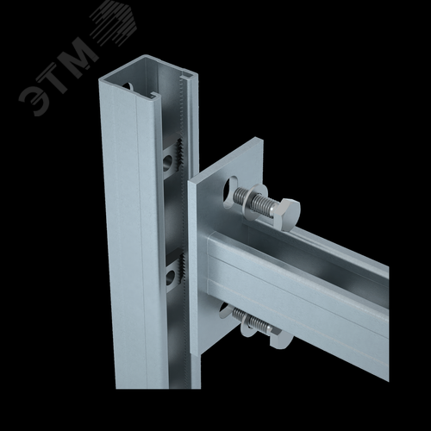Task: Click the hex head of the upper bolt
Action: click(x=286, y=212)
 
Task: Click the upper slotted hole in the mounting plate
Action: click(x=231, y=192)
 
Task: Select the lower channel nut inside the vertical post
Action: click(x=172, y=272)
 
